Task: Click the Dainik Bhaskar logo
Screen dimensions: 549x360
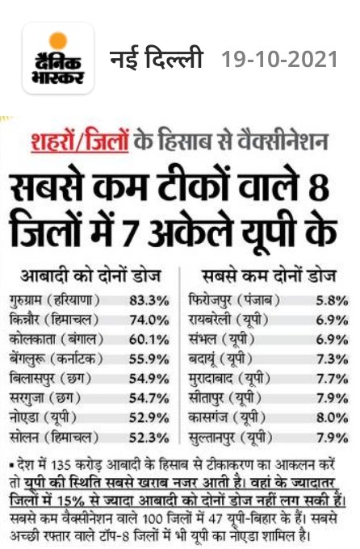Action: point(57,59)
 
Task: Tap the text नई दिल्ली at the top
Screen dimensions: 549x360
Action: point(158,59)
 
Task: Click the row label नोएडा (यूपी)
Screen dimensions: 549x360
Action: point(55,417)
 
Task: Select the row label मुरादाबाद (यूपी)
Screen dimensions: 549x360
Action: point(234,378)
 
